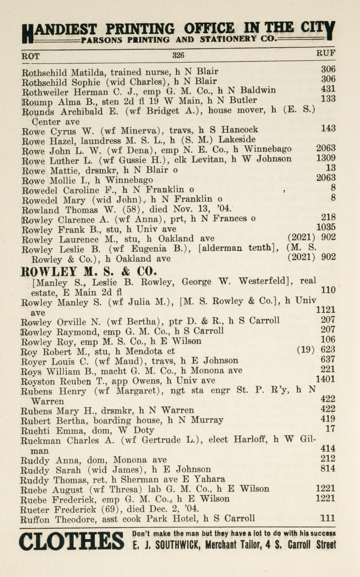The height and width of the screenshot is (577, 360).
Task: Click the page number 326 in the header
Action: (x=178, y=55)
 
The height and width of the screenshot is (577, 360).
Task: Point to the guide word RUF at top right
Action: (x=326, y=54)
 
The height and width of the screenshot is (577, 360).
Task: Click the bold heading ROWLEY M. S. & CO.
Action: (x=89, y=270)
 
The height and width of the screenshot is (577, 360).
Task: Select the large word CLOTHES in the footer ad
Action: (x=71, y=541)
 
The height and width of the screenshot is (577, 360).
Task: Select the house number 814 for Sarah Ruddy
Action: (x=328, y=469)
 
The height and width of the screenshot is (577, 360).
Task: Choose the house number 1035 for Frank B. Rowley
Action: (x=327, y=228)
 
